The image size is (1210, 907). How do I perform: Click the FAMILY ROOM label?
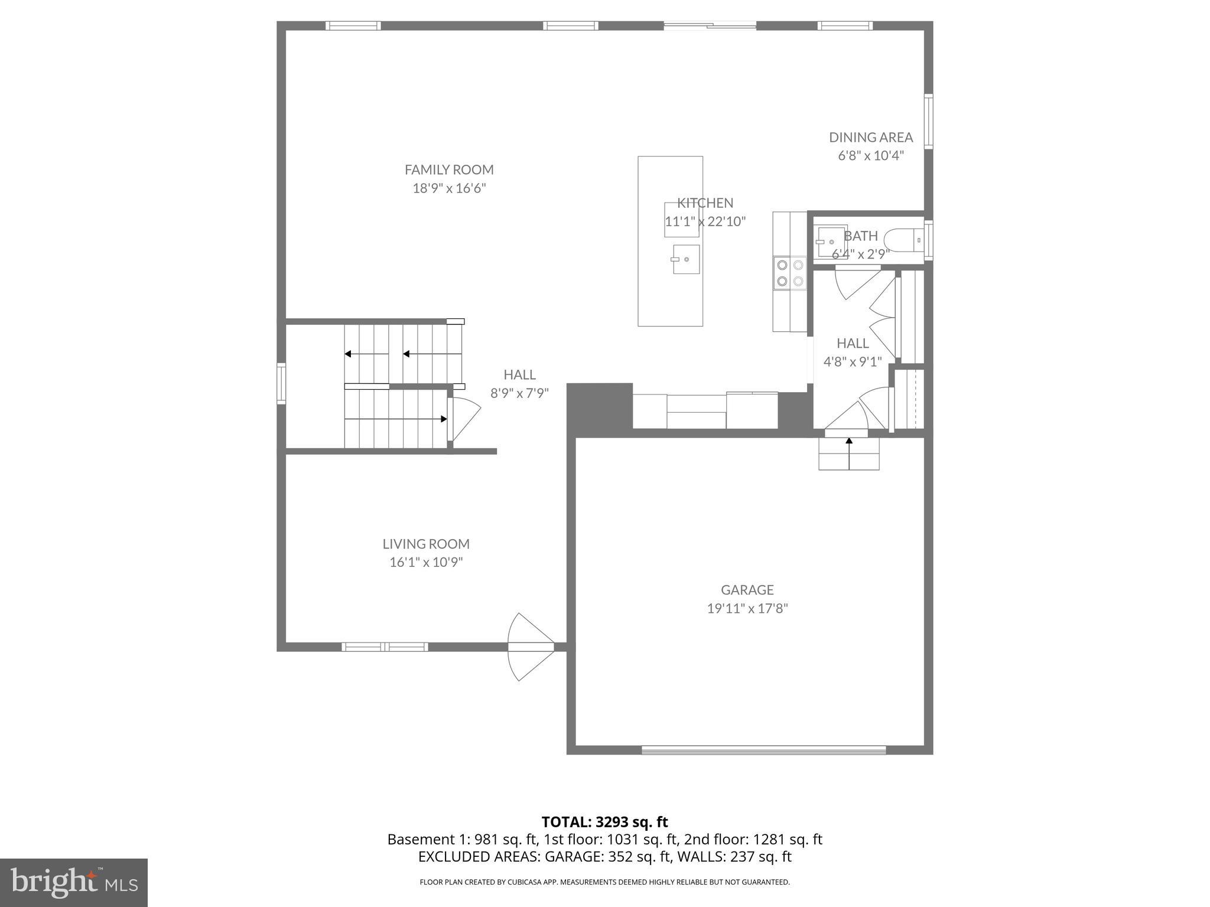[449, 169]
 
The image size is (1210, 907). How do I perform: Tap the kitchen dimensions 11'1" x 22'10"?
[705, 222]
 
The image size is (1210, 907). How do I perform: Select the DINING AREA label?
[870, 137]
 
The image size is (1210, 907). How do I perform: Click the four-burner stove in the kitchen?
[790, 273]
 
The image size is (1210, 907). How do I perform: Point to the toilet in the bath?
[905, 240]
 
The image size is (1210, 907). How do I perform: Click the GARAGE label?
[747, 589]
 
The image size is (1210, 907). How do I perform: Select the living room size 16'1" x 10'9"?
[425, 562]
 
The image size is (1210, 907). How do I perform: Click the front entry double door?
[531, 647]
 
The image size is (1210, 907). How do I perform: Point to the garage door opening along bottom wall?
[763, 750]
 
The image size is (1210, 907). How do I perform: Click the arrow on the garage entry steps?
[849, 452]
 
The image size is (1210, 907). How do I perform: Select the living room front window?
[385, 647]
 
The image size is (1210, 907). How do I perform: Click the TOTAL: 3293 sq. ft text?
[604, 822]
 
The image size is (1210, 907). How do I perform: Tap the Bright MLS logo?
[73, 882]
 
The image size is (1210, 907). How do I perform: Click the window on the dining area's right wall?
[928, 120]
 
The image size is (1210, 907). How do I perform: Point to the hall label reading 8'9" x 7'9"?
[519, 393]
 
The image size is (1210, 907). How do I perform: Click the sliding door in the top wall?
[710, 25]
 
